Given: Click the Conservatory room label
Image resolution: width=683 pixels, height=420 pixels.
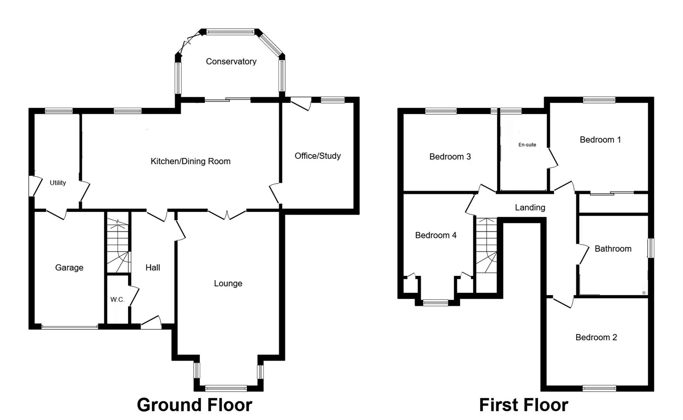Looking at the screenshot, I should point(231,61).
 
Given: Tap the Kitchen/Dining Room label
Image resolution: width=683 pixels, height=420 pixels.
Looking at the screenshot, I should point(190,161).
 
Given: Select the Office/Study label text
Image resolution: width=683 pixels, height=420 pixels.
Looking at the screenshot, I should point(318,156).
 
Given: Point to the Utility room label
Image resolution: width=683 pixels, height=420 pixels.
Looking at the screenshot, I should point(58,183).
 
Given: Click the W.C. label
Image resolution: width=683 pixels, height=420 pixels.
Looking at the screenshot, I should point(117,299).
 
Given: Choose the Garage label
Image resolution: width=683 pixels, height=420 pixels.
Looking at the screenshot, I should point(69,268).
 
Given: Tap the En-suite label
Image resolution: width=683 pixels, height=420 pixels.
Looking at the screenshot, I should point(527,145).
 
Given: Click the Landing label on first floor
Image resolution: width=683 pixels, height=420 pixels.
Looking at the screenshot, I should point(530,208).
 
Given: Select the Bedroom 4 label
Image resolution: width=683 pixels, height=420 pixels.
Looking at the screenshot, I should point(435,235).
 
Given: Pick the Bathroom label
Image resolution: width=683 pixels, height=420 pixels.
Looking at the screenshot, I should point(613,249).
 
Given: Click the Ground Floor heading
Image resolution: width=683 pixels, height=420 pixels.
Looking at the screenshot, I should point(194,405).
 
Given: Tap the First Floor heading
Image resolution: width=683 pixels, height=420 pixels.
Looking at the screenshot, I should point(523,405).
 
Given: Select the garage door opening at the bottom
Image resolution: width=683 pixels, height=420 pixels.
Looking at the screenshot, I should point(70,327).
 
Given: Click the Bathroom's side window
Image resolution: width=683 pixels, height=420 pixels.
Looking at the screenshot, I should point(650,248).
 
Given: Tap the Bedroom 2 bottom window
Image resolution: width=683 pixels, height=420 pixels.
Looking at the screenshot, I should point(599,388).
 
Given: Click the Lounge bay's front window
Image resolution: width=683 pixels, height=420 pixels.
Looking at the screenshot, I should point(226,388).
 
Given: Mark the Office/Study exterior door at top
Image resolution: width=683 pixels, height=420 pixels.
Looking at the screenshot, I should point(301,103).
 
